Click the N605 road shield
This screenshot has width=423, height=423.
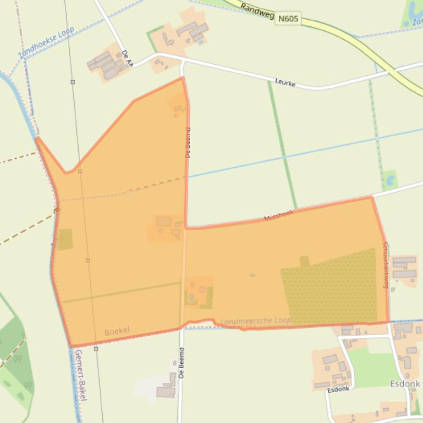(288, 19)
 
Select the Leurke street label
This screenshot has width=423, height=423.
(285, 83)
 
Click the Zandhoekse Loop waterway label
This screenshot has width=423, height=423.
(46, 43)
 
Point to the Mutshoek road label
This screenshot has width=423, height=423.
(279, 215)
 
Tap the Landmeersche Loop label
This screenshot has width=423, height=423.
(256, 321)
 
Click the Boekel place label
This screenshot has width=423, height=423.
(117, 331)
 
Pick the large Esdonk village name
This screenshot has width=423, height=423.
(405, 383)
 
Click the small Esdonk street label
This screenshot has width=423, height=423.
(338, 389)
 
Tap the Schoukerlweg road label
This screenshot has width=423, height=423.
(385, 265)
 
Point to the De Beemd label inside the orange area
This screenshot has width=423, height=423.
(188, 143)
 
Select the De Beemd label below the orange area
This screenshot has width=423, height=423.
(182, 361)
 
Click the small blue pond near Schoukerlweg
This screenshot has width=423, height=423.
(391, 179)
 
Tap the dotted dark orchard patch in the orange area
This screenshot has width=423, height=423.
(330, 288)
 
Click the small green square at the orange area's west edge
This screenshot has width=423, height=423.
(65, 240)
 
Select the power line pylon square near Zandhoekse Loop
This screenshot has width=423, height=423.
(73, 82)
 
